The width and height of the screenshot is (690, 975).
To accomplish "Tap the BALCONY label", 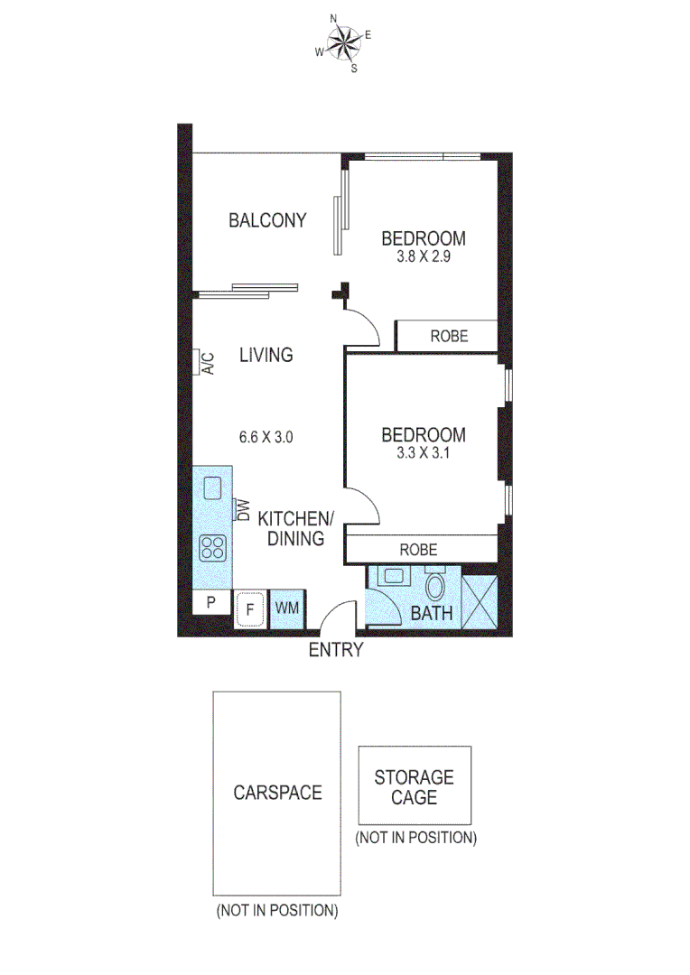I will click(266, 219).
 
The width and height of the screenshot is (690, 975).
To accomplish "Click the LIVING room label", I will click(266, 355).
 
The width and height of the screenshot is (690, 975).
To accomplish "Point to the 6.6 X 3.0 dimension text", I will click(266, 438).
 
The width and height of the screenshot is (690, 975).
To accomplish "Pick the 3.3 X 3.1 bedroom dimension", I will click(423, 453).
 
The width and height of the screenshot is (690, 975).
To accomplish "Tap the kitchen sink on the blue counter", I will click(213, 488).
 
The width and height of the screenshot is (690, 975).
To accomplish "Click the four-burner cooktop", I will click(213, 546).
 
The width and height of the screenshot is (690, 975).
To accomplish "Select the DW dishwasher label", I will click(241, 510).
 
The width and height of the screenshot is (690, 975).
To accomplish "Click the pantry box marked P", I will click(211, 603).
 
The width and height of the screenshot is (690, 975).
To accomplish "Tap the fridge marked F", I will click(248, 609).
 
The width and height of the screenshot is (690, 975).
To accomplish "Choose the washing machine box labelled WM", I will click(286, 609).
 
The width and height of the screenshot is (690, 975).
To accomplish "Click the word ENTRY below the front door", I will click(336, 650).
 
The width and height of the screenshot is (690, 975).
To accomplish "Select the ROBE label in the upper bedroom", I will click(449, 336).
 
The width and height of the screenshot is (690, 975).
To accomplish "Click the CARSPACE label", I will click(277, 793).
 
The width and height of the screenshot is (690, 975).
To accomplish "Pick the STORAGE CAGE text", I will click(415, 787).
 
